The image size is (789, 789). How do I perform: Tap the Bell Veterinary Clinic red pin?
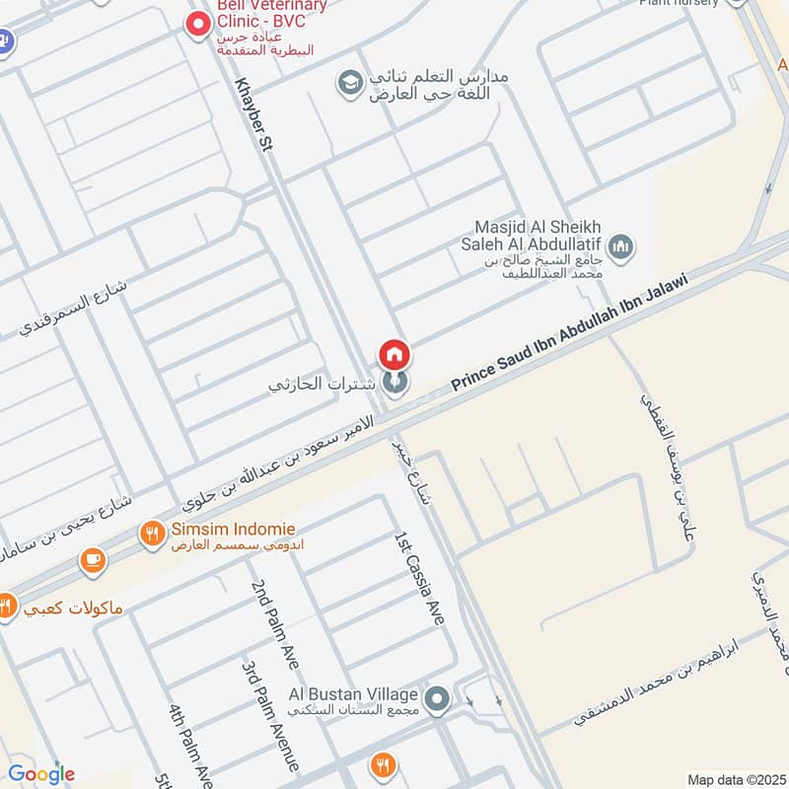pos(200,21)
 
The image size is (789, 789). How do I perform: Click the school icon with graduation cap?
pos(348,83)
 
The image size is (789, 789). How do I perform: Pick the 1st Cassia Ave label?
pos(420,578)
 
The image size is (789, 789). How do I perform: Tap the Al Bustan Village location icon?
pos(439,700)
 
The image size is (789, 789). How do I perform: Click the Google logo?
pos(41,773)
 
